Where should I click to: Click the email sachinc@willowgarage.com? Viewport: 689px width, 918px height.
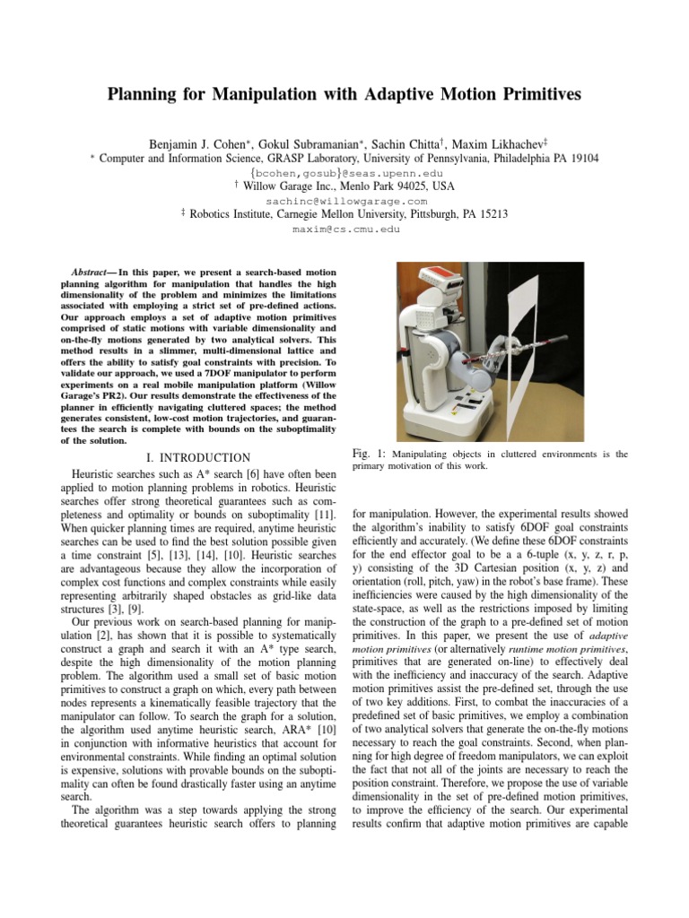pyautogui.click(x=344, y=201)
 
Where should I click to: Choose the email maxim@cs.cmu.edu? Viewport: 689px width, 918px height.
pyautogui.click(x=344, y=229)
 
